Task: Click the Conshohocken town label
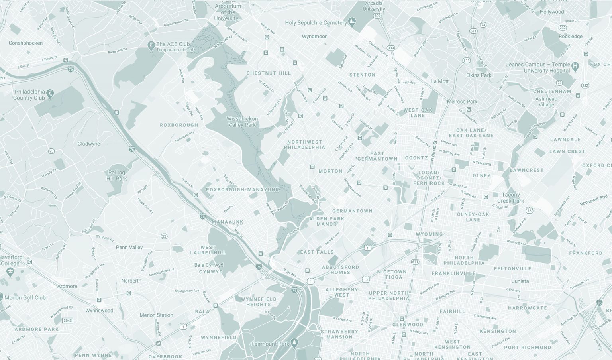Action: tap(25, 43)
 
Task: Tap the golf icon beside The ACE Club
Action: tap(151, 45)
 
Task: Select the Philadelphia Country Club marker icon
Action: tap(50, 94)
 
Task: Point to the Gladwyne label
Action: tap(89, 144)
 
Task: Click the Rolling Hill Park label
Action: tap(116, 175)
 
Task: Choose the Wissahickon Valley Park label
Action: tap(242, 122)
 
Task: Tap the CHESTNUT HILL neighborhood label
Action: tap(269, 73)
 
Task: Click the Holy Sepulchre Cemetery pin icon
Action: tap(352, 22)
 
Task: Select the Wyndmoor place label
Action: tap(314, 37)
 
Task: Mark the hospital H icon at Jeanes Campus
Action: tap(575, 65)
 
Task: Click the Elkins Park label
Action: tap(479, 75)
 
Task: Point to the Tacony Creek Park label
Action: tap(510, 198)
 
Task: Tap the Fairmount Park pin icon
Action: tap(294, 342)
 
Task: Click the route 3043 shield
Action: tap(68, 321)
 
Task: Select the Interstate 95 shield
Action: tap(600, 303)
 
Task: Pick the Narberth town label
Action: tap(131, 281)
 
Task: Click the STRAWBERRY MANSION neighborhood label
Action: tap(339, 334)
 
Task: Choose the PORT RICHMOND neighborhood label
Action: tap(528, 347)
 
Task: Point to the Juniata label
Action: tap(520, 281)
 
